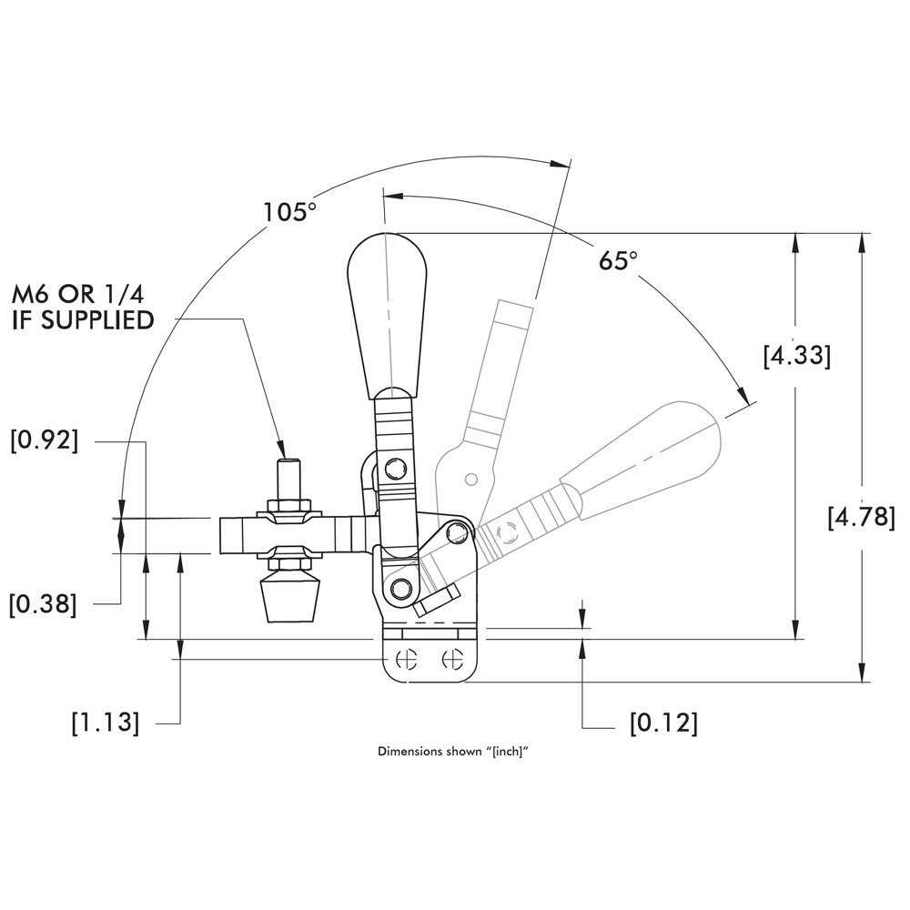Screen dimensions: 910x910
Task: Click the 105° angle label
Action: [x=289, y=212]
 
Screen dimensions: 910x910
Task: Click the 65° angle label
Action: [x=618, y=261]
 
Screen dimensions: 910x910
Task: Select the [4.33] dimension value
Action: [x=796, y=355]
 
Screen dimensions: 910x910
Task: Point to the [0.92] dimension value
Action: [x=44, y=440]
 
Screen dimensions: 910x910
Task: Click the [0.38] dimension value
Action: [x=44, y=603]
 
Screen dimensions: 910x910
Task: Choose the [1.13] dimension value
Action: [x=106, y=723]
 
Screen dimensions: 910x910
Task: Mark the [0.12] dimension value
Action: [x=663, y=723]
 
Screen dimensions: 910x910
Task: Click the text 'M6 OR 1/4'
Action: [x=79, y=295]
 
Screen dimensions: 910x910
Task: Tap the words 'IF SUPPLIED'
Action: [x=82, y=320]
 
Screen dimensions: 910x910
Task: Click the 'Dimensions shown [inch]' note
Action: [x=453, y=753]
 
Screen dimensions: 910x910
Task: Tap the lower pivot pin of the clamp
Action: [x=398, y=589]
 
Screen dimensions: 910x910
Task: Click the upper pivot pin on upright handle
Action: [x=394, y=469]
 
